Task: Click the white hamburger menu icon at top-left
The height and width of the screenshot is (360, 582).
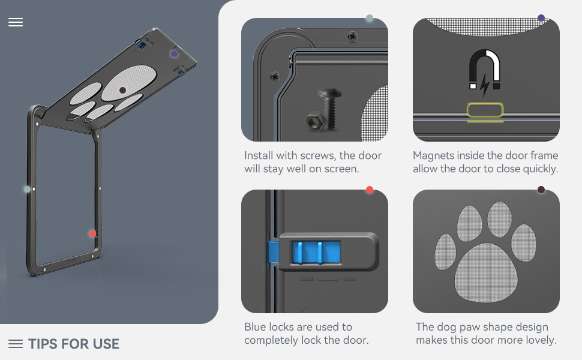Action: pyautogui.click(x=16, y=22)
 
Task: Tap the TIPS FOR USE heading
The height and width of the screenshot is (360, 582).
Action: pyautogui.click(x=74, y=344)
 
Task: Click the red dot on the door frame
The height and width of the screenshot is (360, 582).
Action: pyautogui.click(x=92, y=233)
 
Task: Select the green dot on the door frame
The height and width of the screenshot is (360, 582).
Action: pyautogui.click(x=27, y=189)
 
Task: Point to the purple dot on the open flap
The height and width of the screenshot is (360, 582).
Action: pyautogui.click(x=174, y=53)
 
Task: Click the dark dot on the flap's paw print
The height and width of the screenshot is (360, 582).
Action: pyautogui.click(x=122, y=90)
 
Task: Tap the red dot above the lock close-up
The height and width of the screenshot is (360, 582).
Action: pyautogui.click(x=370, y=190)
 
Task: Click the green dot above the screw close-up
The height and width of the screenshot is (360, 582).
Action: pyautogui.click(x=370, y=18)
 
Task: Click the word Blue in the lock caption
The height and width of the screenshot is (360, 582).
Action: pyautogui.click(x=256, y=327)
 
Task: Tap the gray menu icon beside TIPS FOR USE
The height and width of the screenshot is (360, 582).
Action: pyautogui.click(x=16, y=344)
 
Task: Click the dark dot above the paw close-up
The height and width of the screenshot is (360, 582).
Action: pyautogui.click(x=541, y=190)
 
